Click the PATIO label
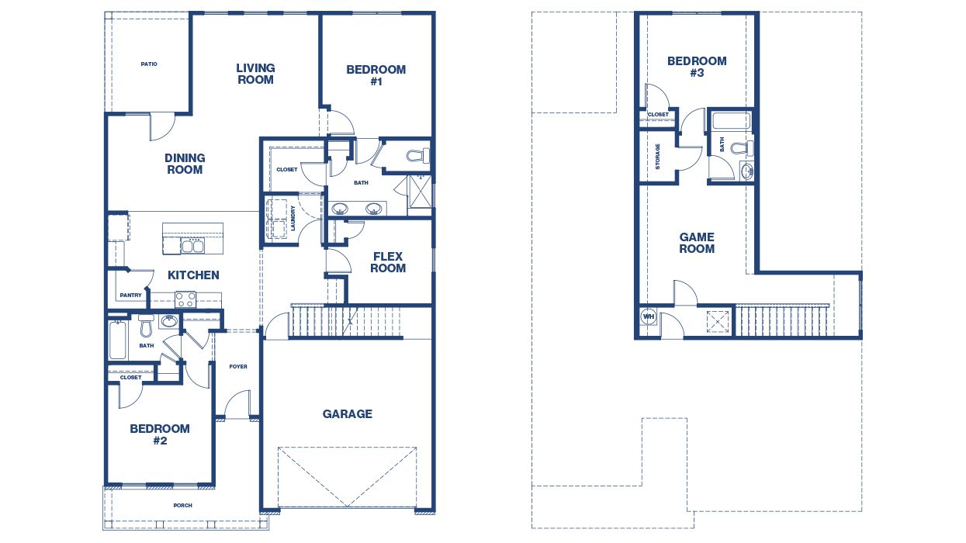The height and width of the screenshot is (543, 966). pyautogui.click(x=149, y=64)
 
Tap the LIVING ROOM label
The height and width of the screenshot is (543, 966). pyautogui.click(x=255, y=74)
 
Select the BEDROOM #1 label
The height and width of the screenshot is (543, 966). pyautogui.click(x=376, y=75)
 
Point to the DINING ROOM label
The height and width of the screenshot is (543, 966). pyautogui.click(x=185, y=164)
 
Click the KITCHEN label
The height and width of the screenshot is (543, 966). pyautogui.click(x=193, y=275)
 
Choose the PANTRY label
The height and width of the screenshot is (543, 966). pyautogui.click(x=130, y=296)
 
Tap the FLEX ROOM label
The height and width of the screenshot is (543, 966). pyautogui.click(x=388, y=262)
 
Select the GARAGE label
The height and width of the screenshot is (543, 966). pyautogui.click(x=347, y=414)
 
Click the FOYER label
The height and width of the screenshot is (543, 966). pyautogui.click(x=238, y=366)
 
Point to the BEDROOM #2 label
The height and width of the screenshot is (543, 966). pyautogui.click(x=160, y=434)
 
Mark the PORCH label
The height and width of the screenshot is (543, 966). pyautogui.click(x=182, y=506)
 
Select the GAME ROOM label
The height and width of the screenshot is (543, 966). pyautogui.click(x=697, y=243)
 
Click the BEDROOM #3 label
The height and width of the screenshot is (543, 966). pyautogui.click(x=697, y=67)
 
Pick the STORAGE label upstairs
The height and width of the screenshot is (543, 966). pyautogui.click(x=658, y=156)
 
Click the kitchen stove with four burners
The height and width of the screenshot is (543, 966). pyautogui.click(x=185, y=299)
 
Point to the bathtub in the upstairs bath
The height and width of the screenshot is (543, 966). pyautogui.click(x=730, y=121)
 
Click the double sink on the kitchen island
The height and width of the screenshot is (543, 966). pyautogui.click(x=192, y=246)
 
